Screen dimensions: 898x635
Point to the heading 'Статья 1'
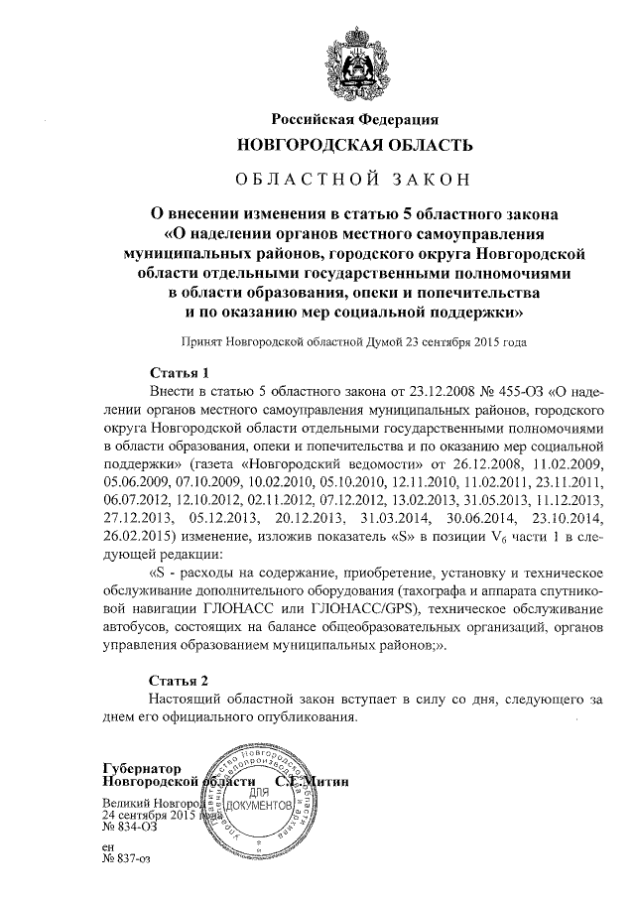click(x=178, y=374)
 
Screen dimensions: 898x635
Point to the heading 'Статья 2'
click(x=178, y=681)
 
